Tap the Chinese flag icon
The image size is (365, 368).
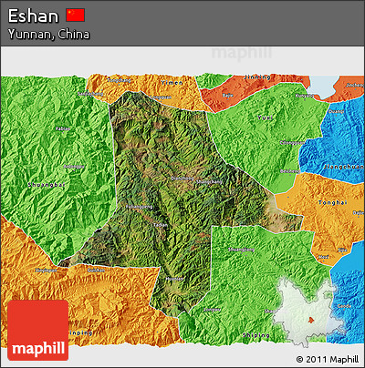pyautogui.click(x=76, y=15)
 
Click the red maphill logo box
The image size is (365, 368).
pyautogui.click(x=36, y=330)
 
